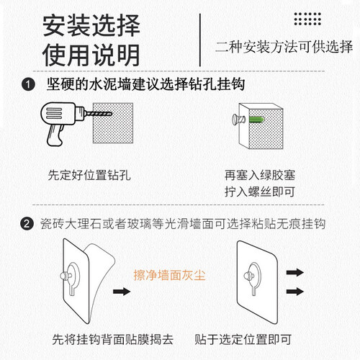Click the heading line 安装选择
(91, 25)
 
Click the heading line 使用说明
(91, 55)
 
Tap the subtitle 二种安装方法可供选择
(284, 47)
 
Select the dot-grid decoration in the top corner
(307, 19)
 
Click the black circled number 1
(28, 84)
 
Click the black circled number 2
(27, 224)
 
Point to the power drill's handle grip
(55, 135)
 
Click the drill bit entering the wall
(99, 114)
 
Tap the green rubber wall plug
(256, 120)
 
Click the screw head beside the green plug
(235, 120)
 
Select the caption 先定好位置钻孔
(89, 175)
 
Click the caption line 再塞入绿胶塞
(260, 175)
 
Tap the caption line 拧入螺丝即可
(260, 192)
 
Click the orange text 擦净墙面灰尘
(169, 275)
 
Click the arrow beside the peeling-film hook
(122, 292)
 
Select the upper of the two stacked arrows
(295, 272)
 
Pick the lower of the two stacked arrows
(295, 292)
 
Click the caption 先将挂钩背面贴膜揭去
(113, 340)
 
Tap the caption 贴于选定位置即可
(243, 340)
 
